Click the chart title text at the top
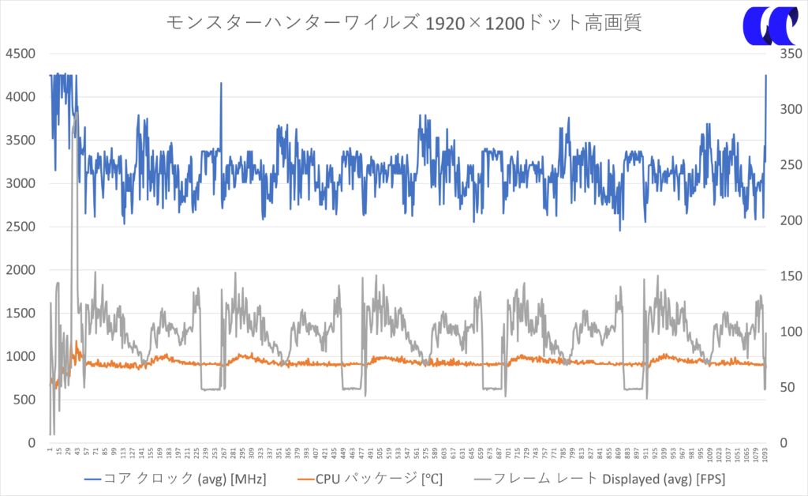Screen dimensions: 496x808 coord(403,22)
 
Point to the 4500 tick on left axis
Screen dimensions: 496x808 coord(21,54)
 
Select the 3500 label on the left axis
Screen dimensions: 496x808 coord(21,141)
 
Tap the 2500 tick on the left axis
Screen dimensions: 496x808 coord(21,227)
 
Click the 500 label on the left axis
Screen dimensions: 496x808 coord(24,400)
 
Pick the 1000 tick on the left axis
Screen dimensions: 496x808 coord(21,356)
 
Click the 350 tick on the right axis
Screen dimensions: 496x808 coord(789,54)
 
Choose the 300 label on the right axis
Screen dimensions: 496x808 coord(789,109)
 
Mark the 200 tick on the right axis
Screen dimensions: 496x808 coord(789,220)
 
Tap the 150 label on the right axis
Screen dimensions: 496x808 coord(789,276)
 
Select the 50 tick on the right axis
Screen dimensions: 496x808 coord(786,387)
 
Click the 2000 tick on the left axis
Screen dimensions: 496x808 coord(21,270)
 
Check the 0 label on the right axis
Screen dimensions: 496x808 coord(783,443)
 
